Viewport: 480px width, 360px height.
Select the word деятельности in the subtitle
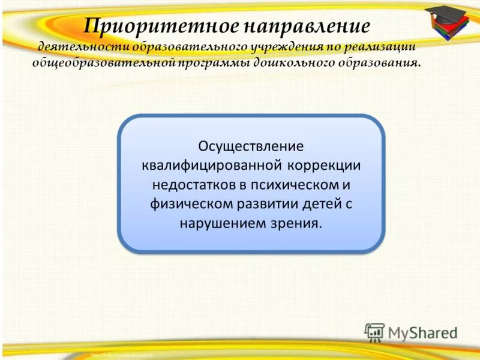point(83,47)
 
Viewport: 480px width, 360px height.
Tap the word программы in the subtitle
point(209,63)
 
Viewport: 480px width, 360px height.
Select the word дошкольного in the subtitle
point(287,63)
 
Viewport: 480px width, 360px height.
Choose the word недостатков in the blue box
point(192,184)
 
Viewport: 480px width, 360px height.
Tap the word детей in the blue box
point(316,203)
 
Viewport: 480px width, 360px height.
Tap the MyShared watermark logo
point(410,332)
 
